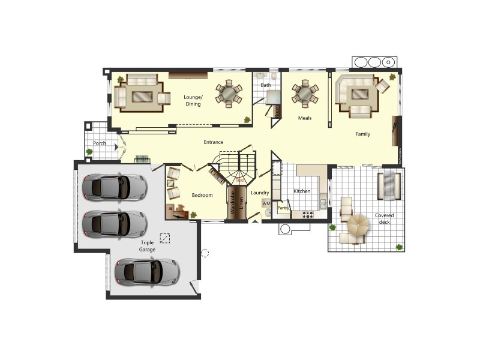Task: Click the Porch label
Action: tap(99, 143)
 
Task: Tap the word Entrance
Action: tap(213, 142)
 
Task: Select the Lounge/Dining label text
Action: tap(193, 100)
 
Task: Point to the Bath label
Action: tap(265, 86)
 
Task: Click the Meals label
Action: tap(305, 118)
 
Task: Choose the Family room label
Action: tap(362, 134)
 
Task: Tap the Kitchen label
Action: tap(302, 191)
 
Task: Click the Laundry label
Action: tap(260, 193)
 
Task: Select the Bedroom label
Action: tap(202, 195)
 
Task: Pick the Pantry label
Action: tap(283, 208)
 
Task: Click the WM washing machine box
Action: tap(266, 204)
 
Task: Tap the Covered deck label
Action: tap(384, 219)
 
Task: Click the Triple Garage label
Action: tap(147, 245)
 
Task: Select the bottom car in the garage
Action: tap(147, 271)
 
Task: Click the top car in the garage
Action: tap(115, 187)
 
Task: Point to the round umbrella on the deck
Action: tap(359, 226)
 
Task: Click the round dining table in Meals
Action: tap(305, 94)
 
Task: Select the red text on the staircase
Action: tap(240, 180)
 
